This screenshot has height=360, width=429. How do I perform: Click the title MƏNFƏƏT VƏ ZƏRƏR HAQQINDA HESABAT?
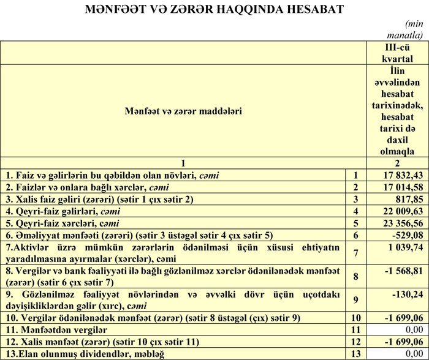(214, 9)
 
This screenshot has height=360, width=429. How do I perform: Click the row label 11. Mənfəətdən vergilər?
(56, 329)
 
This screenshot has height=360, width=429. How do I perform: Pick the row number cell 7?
(355, 253)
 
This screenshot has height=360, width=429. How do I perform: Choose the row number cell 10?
(355, 318)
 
